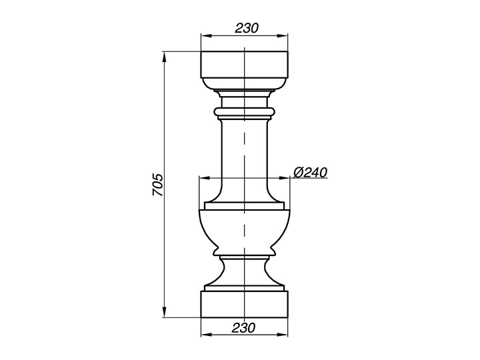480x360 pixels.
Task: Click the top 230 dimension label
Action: pyautogui.click(x=247, y=28)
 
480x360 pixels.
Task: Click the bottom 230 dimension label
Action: pyautogui.click(x=243, y=328)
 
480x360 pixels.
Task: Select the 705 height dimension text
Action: pyautogui.click(x=158, y=185)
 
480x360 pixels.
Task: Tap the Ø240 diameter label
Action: pyautogui.click(x=311, y=173)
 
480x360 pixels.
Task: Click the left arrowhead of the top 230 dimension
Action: pyautogui.click(x=207, y=36)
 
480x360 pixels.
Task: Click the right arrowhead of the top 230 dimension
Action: pyautogui.click(x=282, y=36)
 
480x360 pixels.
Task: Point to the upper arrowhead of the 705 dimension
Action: pyautogui.click(x=165, y=57)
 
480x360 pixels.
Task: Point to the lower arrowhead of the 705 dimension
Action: pyautogui.click(x=165, y=311)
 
